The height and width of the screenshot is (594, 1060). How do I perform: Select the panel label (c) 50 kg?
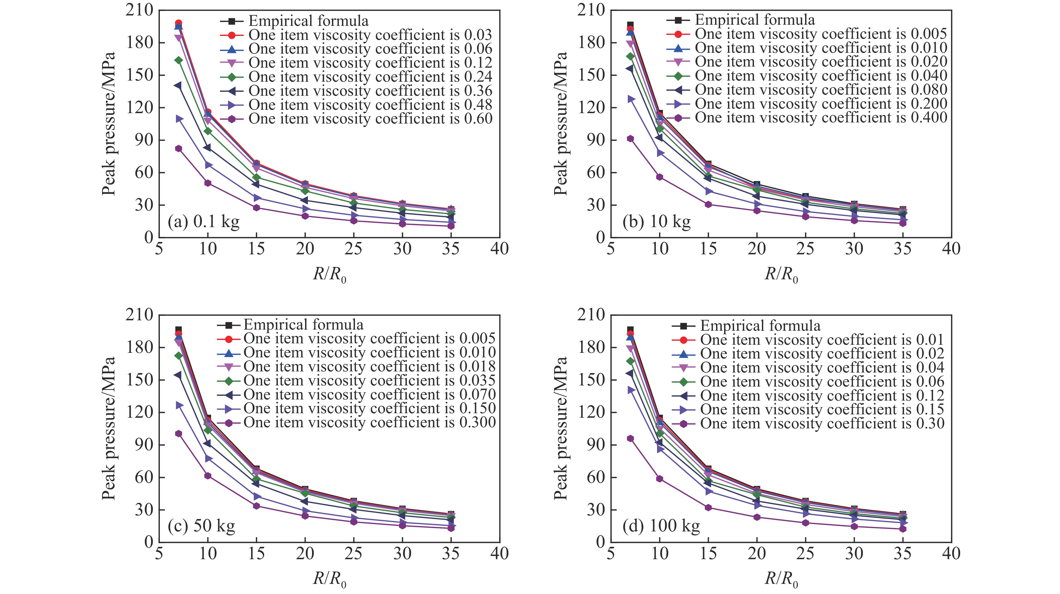coord(201,526)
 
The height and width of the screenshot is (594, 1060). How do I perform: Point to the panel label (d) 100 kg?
coord(661,526)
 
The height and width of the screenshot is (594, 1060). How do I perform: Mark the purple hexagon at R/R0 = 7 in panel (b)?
coord(630,139)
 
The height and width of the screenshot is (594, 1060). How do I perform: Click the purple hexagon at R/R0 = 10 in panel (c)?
coord(208,476)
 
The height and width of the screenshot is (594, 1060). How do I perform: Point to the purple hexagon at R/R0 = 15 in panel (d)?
coord(708,508)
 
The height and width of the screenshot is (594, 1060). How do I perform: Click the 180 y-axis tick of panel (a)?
coord(139,42)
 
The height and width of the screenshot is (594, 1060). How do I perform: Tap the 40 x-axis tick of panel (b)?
coord(951,249)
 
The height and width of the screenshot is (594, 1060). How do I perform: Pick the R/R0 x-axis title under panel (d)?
coord(781,579)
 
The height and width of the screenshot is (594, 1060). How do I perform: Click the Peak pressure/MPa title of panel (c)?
coord(109,428)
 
